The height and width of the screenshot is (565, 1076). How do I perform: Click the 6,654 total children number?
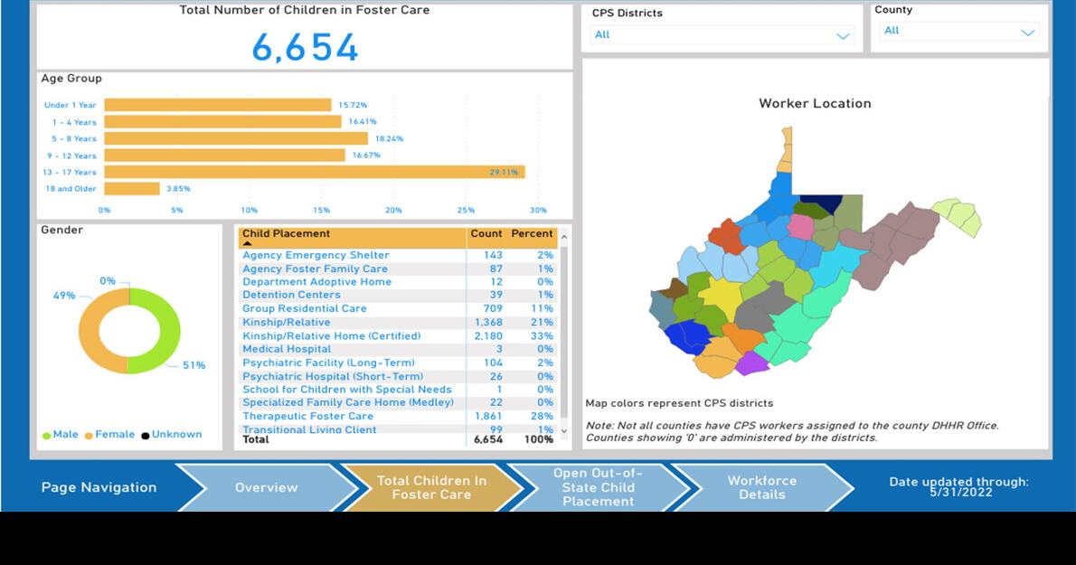pyautogui.click(x=305, y=48)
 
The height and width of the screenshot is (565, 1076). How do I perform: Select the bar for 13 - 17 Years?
pyautogui.click(x=314, y=172)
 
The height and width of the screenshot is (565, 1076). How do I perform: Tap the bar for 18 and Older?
pyautogui.click(x=132, y=189)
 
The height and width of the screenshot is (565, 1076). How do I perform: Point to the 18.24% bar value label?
pyautogui.click(x=389, y=139)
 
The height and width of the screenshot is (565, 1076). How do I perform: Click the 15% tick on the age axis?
pyautogui.click(x=321, y=210)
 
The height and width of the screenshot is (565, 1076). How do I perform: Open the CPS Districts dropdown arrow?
pyautogui.click(x=843, y=36)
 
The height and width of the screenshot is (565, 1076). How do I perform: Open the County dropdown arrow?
pyautogui.click(x=1027, y=33)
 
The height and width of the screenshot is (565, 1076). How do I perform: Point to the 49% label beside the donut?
pyautogui.click(x=64, y=296)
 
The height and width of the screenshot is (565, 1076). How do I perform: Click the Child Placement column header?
pyautogui.click(x=286, y=234)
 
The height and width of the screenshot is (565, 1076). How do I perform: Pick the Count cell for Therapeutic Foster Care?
pyautogui.click(x=487, y=417)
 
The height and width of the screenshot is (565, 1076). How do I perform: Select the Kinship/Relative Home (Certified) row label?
pyautogui.click(x=331, y=336)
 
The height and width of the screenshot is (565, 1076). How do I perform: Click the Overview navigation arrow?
pyautogui.click(x=267, y=487)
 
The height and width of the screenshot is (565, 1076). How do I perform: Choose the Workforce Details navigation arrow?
pyautogui.click(x=761, y=487)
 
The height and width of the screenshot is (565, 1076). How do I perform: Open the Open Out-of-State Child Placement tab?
pyautogui.click(x=598, y=487)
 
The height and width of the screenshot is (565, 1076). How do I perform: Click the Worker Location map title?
pyautogui.click(x=815, y=104)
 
